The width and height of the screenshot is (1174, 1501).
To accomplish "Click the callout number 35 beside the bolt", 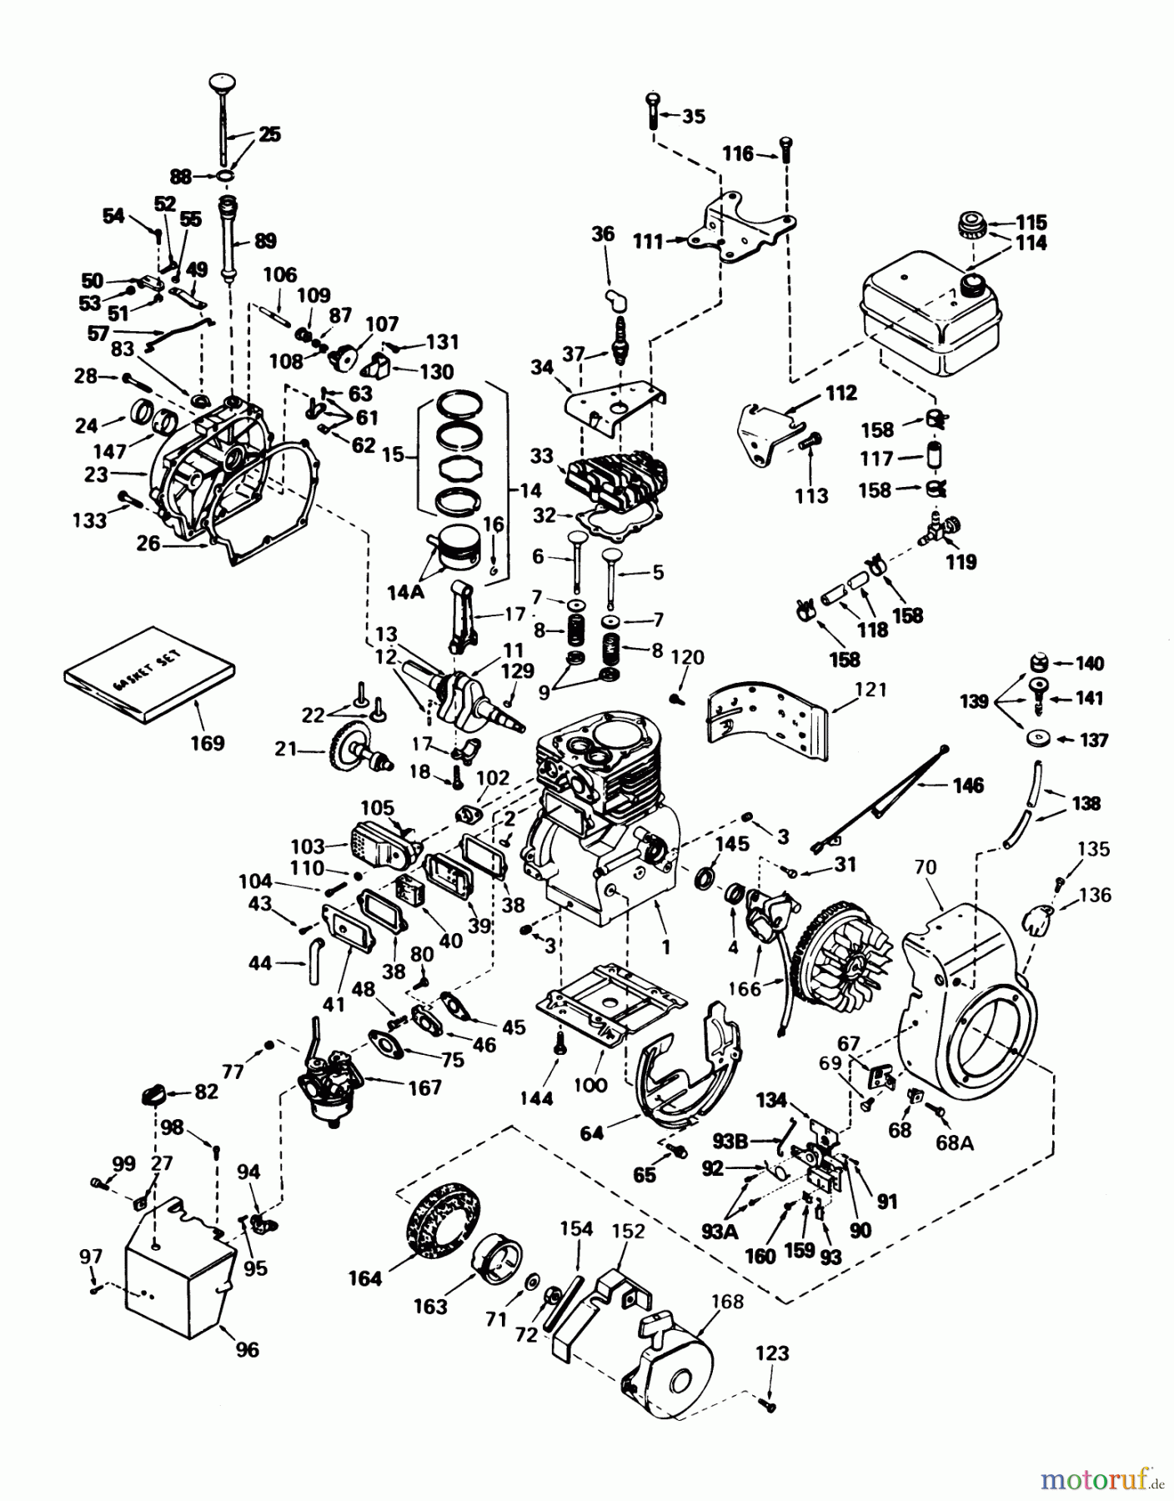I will (693, 116).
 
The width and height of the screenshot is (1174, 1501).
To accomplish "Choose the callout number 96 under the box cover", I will (247, 1349).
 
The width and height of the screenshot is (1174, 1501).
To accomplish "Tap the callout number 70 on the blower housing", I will (926, 868).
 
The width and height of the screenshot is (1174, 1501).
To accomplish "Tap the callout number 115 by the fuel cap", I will (1031, 223).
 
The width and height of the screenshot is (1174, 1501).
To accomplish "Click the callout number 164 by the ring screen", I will (365, 1278).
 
